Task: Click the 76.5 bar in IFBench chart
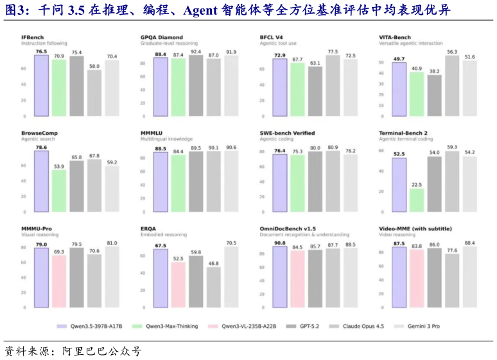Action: coord(42,85)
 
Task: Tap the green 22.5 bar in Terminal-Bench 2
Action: coord(416,200)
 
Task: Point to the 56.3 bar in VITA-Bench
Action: coord(452,86)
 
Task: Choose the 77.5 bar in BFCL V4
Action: coord(333,85)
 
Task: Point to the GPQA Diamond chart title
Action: coord(161,37)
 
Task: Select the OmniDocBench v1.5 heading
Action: coord(287,228)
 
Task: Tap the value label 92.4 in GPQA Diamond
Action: coord(196,51)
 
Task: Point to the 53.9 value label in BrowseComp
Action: coord(59,166)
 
